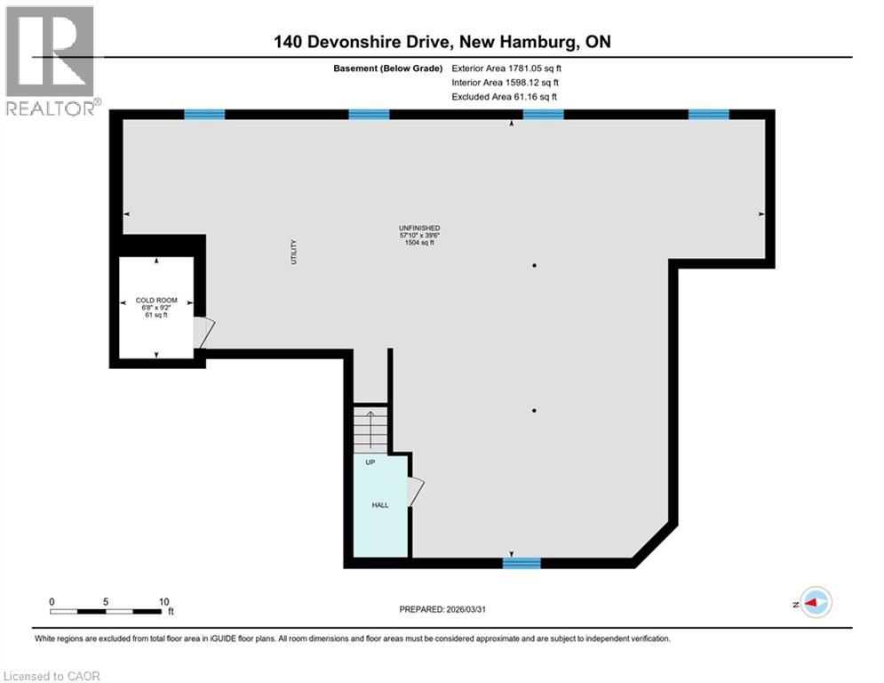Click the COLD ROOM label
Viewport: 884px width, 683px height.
click(x=156, y=301)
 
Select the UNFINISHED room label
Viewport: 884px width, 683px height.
click(x=419, y=229)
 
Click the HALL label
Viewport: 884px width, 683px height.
click(x=380, y=505)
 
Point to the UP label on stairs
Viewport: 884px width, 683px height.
click(x=370, y=462)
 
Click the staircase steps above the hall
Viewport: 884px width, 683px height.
click(x=370, y=430)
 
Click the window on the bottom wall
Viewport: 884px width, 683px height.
click(x=522, y=562)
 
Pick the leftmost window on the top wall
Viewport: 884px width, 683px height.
click(x=204, y=114)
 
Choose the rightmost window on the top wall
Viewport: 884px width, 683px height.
click(x=709, y=114)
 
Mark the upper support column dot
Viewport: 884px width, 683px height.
click(x=534, y=265)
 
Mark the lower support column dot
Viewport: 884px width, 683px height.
click(x=534, y=410)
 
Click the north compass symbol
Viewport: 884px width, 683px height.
click(x=815, y=602)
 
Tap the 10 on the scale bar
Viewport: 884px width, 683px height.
click(x=163, y=601)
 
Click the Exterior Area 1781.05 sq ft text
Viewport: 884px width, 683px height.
click(x=506, y=68)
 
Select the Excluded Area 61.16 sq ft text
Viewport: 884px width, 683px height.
click(x=505, y=96)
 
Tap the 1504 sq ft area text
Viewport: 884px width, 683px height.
click(x=419, y=243)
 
